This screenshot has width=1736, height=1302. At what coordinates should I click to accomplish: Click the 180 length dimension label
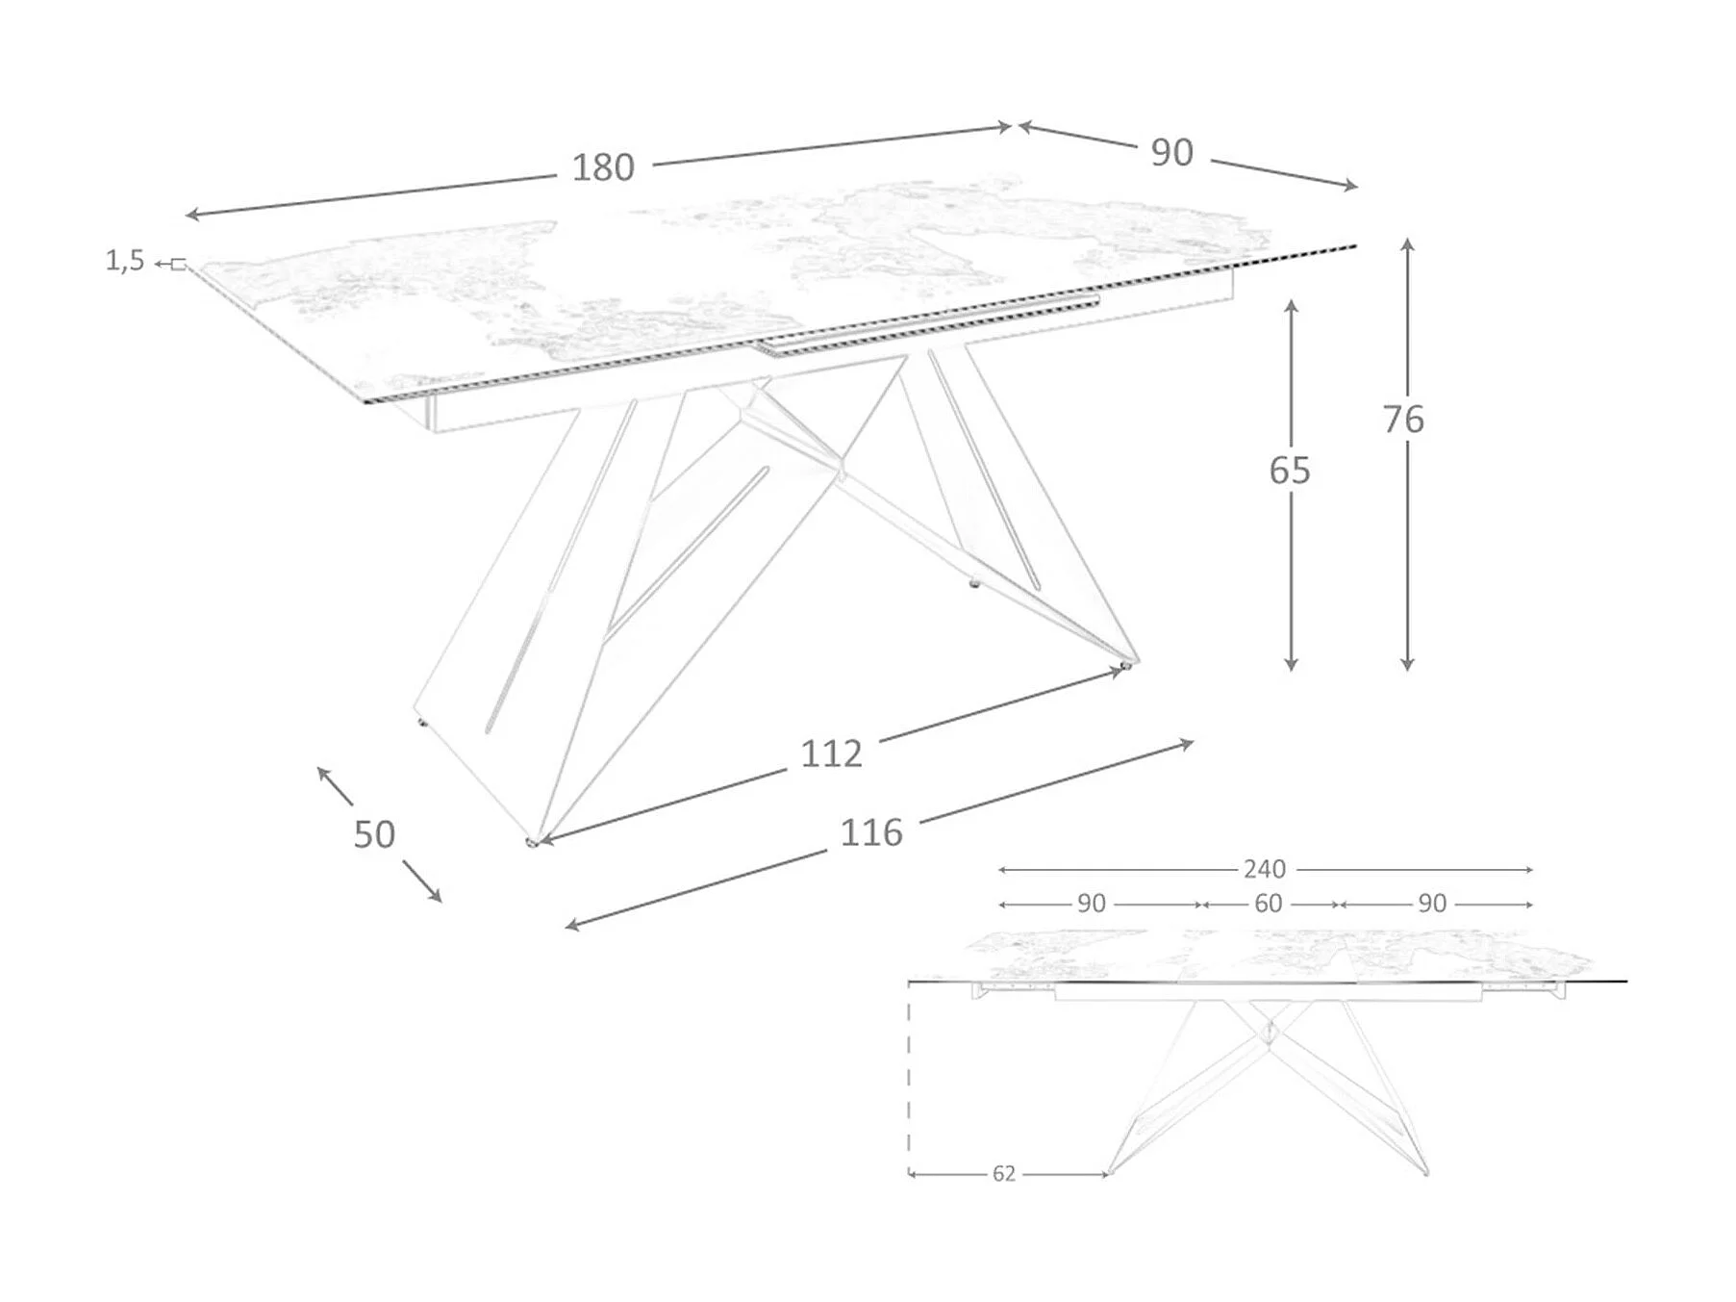(603, 167)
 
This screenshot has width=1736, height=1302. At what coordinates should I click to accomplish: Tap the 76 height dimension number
(1403, 420)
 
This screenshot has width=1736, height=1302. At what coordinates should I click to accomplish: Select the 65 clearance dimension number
(1289, 471)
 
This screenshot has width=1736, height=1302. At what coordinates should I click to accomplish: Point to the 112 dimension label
(831, 753)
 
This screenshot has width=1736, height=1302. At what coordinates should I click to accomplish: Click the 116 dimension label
(871, 832)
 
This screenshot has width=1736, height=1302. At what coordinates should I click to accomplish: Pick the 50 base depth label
(374, 834)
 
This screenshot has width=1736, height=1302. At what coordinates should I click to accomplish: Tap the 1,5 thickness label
(125, 261)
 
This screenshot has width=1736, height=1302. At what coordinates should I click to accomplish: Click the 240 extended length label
(1264, 870)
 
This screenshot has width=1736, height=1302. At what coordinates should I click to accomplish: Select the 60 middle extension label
(1269, 904)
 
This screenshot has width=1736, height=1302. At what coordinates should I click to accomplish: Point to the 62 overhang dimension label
(1003, 1174)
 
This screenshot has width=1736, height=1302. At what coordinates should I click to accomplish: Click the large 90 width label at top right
(1171, 153)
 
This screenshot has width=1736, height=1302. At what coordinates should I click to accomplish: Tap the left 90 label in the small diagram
(1091, 904)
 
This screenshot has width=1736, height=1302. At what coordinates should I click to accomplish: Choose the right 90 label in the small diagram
(1431, 904)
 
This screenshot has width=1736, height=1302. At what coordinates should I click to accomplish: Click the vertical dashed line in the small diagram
(909, 1078)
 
